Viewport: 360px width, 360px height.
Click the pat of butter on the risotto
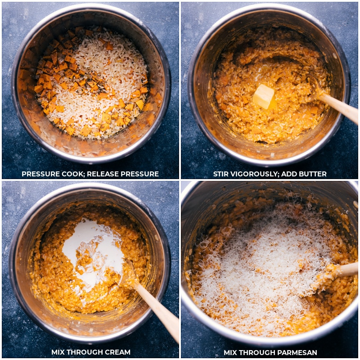[264, 96]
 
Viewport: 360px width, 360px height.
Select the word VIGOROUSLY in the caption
[253, 174]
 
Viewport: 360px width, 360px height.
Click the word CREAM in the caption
[117, 352]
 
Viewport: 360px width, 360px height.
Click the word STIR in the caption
[222, 174]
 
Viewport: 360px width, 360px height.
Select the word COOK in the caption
[73, 174]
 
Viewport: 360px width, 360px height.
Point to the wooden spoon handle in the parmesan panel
[346, 270]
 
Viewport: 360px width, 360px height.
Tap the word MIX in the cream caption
[59, 352]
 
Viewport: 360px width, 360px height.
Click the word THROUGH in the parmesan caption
[256, 352]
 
